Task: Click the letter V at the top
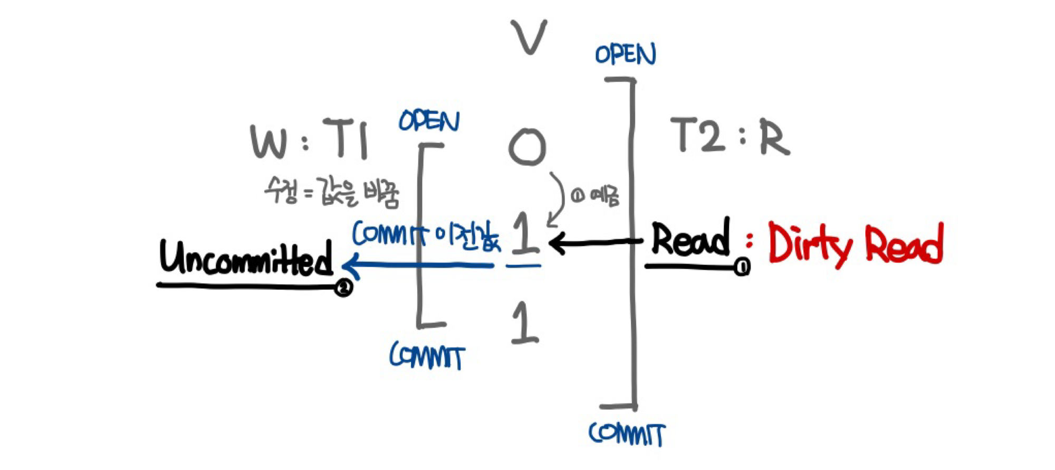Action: point(529,37)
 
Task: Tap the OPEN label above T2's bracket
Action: point(625,54)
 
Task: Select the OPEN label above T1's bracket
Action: point(429,121)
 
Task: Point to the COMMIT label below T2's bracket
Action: point(627,434)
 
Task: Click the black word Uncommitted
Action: point(247,259)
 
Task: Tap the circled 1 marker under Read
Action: point(742,267)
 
